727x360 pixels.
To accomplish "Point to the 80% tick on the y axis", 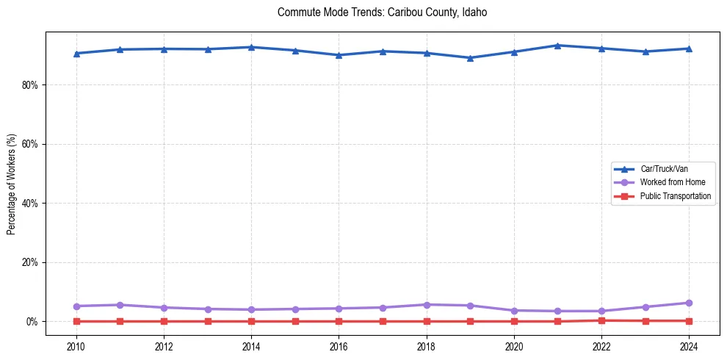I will (30, 85).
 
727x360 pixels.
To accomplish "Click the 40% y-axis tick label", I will (30, 204).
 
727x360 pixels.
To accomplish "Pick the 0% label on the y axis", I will (32, 322).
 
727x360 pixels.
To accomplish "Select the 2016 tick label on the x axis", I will (339, 345).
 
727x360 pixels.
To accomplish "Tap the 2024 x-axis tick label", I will (689, 345).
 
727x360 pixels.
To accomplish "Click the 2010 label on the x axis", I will (76, 345).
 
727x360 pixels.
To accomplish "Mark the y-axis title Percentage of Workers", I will (12, 184).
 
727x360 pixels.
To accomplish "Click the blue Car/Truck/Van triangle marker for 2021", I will (557, 46).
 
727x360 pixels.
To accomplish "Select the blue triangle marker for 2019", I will (470, 58).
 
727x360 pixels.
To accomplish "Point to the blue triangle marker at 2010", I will (76, 54).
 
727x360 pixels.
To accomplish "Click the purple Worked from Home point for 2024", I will (689, 303).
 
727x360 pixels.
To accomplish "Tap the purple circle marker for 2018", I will (427, 304).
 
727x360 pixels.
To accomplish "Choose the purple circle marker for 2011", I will (120, 305).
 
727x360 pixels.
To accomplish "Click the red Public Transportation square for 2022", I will (601, 320).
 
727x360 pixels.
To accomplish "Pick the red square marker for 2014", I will (251, 321).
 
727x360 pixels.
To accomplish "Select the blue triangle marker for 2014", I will (251, 47).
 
